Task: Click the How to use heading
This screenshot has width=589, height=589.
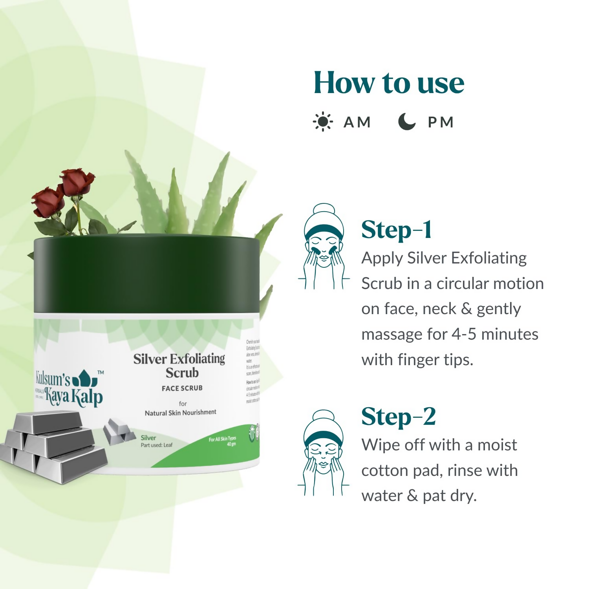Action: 389,83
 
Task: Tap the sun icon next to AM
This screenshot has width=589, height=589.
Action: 323,122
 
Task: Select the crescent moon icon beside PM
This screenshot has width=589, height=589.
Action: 406,121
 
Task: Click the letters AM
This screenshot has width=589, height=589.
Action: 357,122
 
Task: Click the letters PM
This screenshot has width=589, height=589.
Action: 441,122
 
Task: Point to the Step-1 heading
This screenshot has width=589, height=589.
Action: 396,230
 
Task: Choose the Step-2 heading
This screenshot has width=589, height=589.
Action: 398,417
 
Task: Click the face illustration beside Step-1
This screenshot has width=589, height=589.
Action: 324,247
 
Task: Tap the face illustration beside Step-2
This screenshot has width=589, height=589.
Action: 324,453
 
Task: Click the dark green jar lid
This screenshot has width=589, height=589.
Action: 146,274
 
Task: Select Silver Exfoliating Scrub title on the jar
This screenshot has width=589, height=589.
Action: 179,365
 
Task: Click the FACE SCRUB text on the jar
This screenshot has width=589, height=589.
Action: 182,388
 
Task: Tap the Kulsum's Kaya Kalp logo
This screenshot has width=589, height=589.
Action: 69,388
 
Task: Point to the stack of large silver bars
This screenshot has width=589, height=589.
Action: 53,446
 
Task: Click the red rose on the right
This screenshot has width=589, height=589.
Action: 77,181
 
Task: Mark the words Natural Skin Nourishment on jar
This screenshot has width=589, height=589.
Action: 180,412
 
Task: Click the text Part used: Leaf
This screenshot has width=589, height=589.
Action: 156,445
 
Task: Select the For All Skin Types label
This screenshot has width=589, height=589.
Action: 222,439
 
